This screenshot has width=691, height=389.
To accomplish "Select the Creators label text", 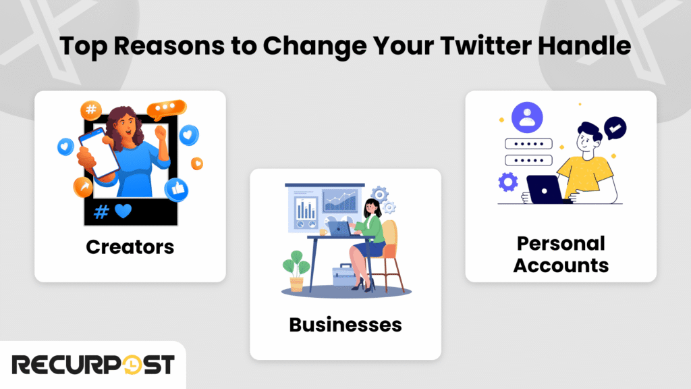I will pyautogui.click(x=130, y=247).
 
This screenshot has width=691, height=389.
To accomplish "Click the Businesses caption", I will pyautogui.click(x=345, y=325).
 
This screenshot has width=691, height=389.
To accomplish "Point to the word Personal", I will pyautogui.click(x=561, y=243).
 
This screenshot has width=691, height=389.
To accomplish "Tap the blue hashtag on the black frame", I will pyautogui.click(x=101, y=211).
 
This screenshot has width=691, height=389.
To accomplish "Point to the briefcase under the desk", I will pyautogui.click(x=345, y=277).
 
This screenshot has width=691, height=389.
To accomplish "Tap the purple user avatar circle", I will pyautogui.click(x=527, y=116).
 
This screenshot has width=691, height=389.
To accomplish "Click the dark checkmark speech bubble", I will pyautogui.click(x=615, y=126).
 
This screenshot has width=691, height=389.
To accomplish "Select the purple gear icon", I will pyautogui.click(x=506, y=182).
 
